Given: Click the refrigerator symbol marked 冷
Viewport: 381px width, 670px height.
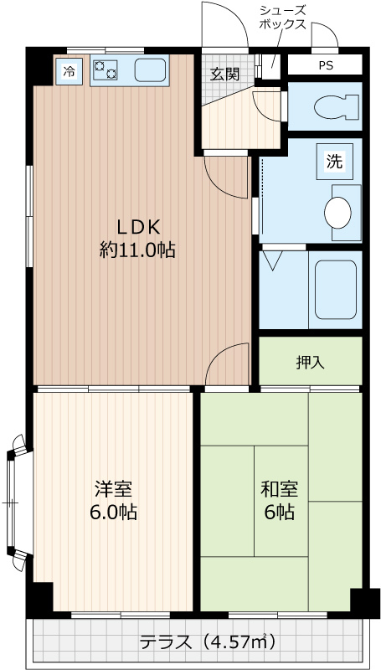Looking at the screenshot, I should (69, 71).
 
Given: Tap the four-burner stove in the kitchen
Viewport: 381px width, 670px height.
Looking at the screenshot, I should (105, 71).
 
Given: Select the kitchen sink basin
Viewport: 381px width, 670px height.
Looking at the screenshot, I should (151, 71).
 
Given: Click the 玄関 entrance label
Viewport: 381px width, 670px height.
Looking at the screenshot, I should (224, 74).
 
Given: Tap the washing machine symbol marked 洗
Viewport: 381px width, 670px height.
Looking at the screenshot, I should (335, 162).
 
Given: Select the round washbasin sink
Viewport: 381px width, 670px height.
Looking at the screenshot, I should (339, 213).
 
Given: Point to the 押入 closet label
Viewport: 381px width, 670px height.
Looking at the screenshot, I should (310, 362).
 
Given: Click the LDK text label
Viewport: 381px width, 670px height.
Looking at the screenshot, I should (137, 226).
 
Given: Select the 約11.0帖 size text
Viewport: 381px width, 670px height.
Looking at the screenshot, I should (137, 249).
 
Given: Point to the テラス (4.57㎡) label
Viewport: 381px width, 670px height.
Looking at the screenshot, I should (206, 642).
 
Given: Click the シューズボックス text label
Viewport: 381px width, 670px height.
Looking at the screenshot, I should (282, 18).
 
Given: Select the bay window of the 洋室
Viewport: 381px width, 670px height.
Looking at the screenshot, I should (13, 502).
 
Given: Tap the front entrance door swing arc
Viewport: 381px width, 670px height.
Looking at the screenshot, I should (226, 25).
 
